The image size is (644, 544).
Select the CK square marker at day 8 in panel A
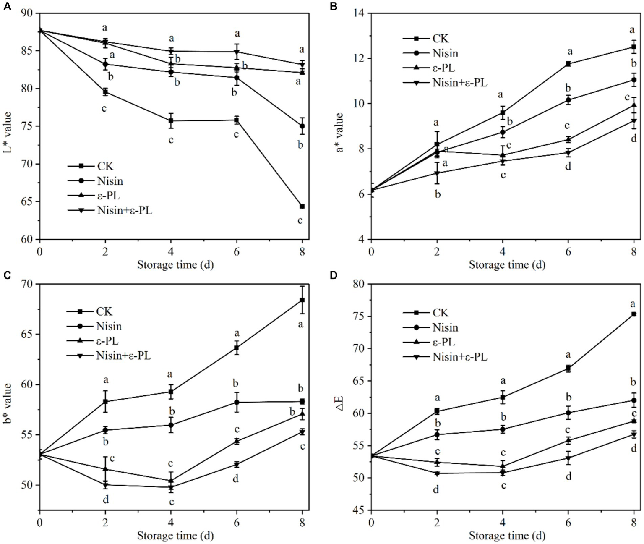click(302, 206)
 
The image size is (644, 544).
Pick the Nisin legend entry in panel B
click(445, 53)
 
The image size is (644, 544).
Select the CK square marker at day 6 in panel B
click(568, 64)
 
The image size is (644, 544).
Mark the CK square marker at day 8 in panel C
click(302, 300)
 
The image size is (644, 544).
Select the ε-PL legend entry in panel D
click(443, 342)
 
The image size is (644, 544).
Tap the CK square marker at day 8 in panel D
click(634, 314)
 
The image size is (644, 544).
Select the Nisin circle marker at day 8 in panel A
click(302, 126)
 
